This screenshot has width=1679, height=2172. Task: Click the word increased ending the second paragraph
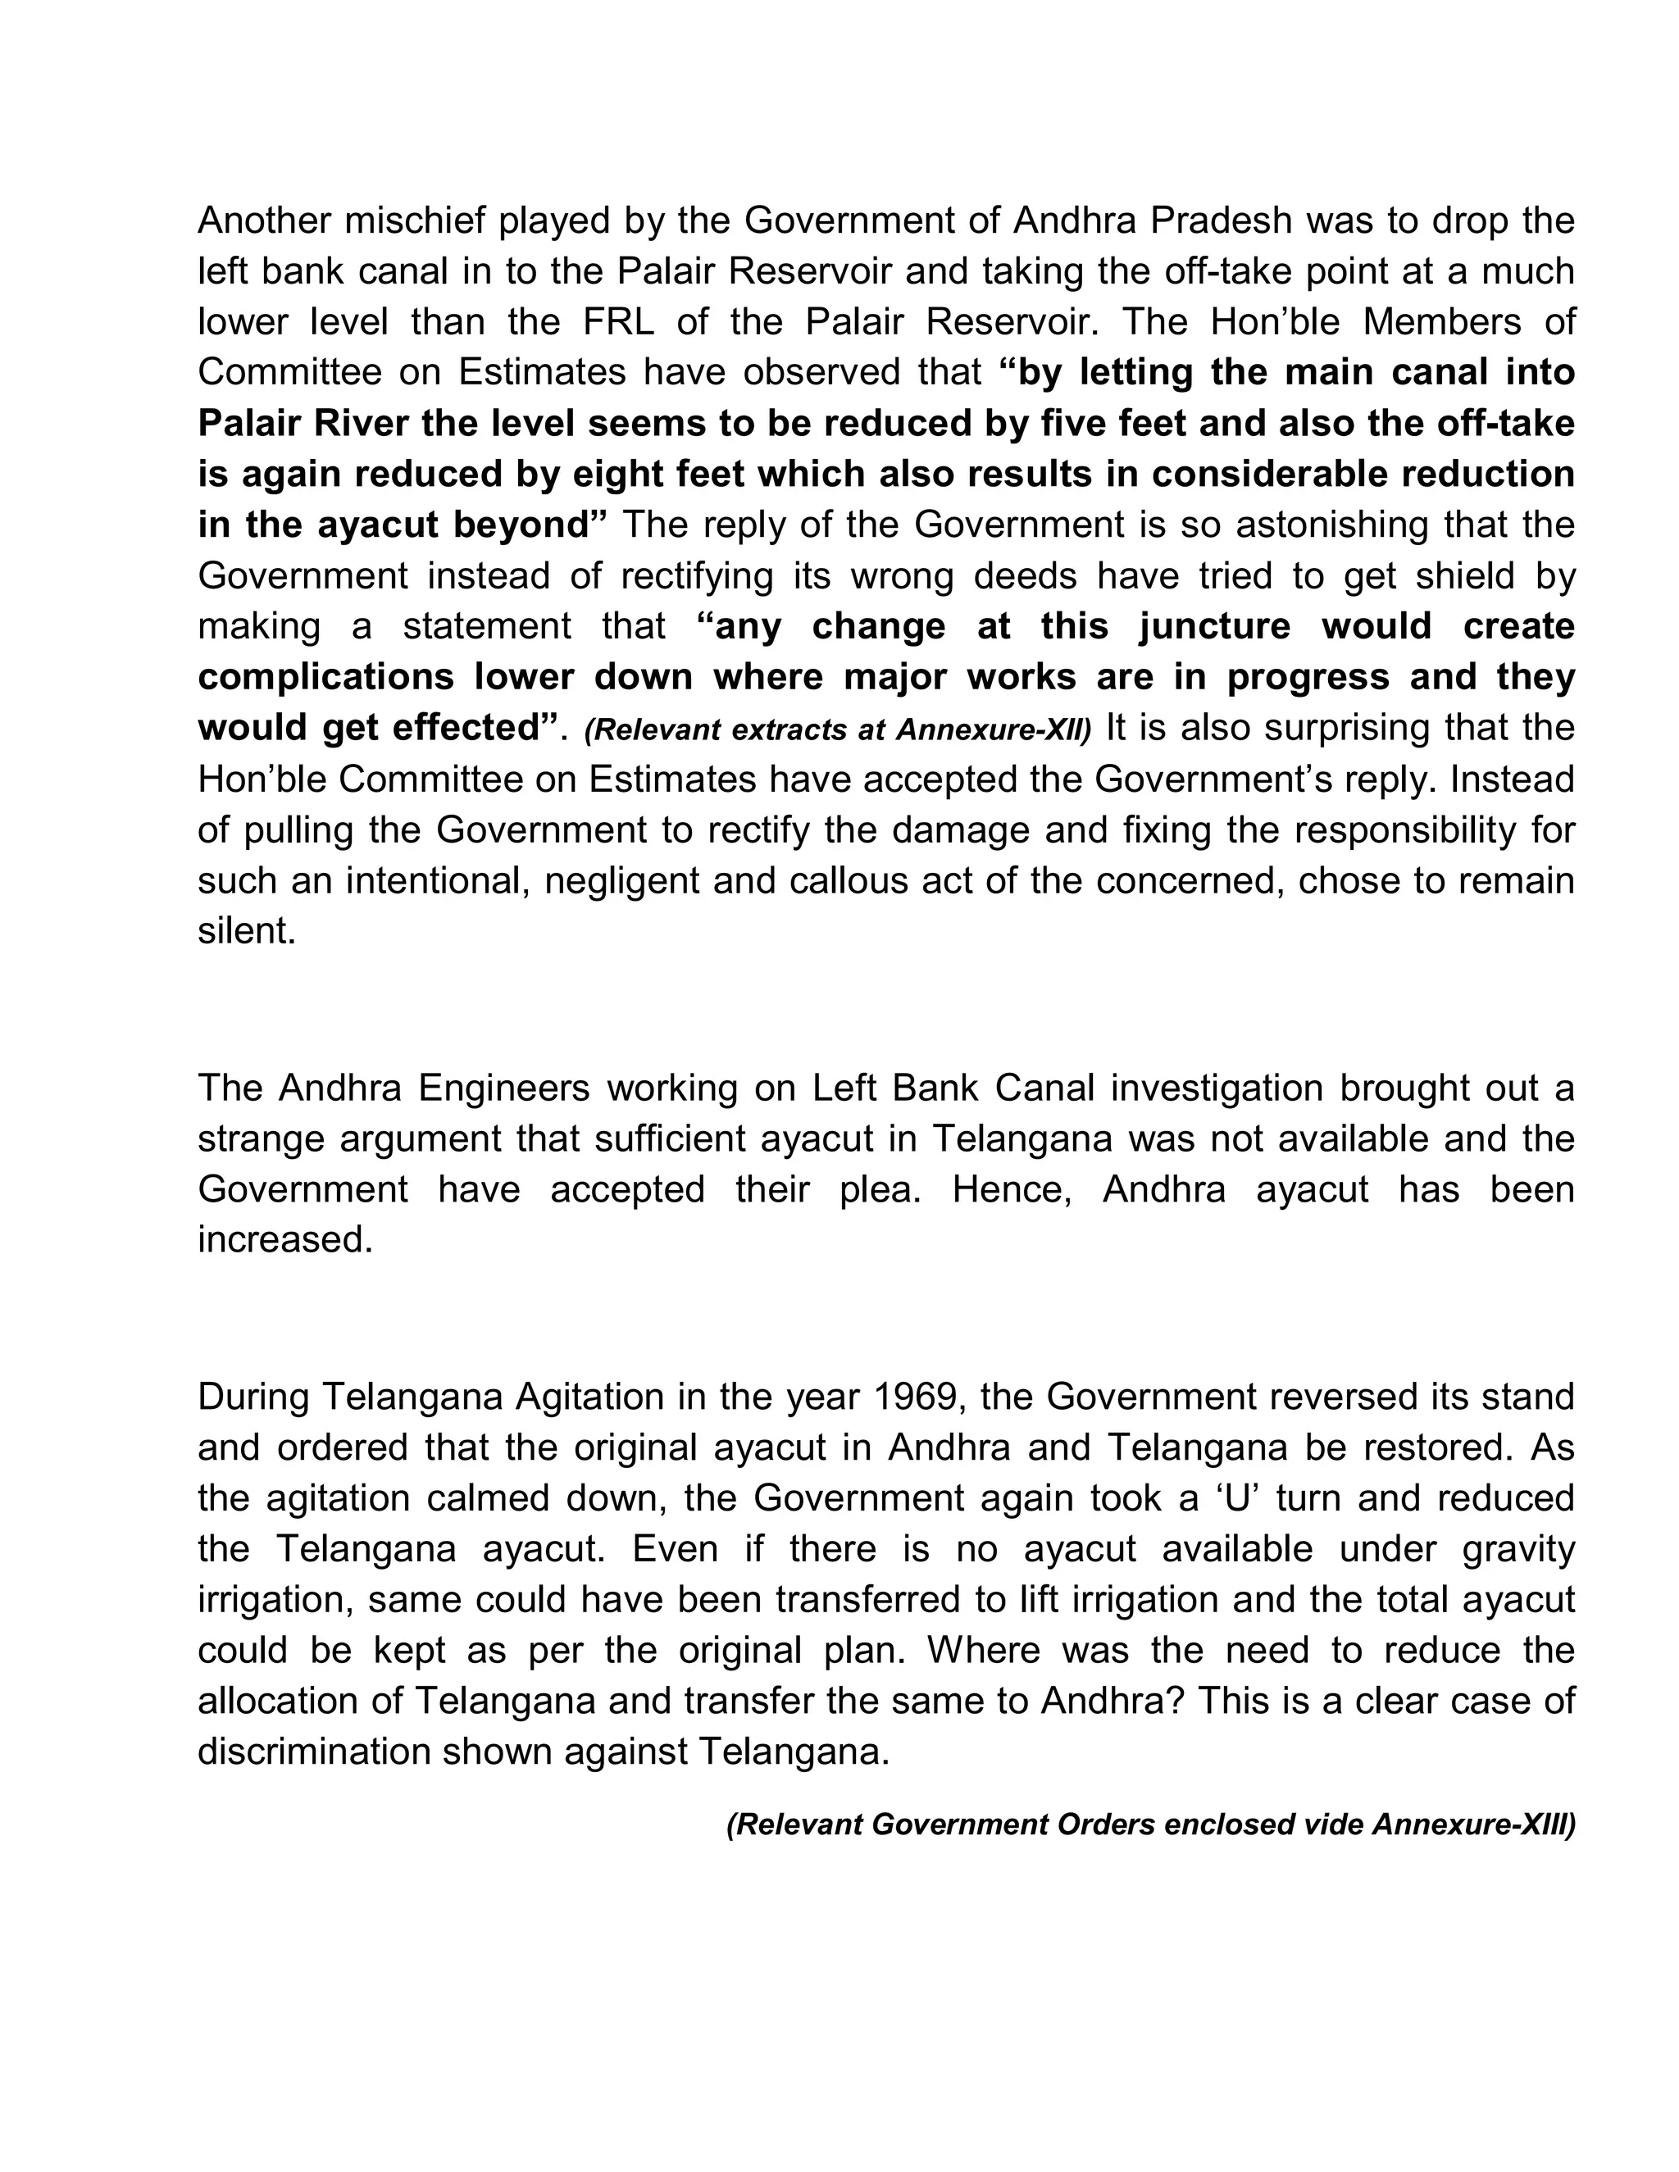(x=284, y=1240)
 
